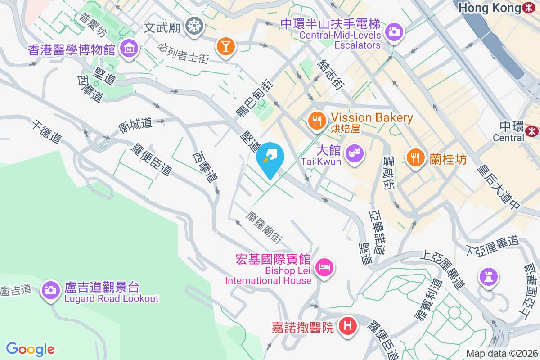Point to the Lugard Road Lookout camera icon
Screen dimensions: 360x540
point(51,290)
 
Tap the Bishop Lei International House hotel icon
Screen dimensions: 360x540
point(324,268)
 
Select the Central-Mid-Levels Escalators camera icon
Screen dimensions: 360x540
point(394,31)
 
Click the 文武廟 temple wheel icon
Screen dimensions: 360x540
point(194,27)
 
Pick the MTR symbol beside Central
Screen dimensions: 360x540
point(531,130)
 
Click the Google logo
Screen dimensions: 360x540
point(30,349)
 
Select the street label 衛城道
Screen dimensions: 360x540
point(135,123)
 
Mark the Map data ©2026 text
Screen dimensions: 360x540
point(501,353)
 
